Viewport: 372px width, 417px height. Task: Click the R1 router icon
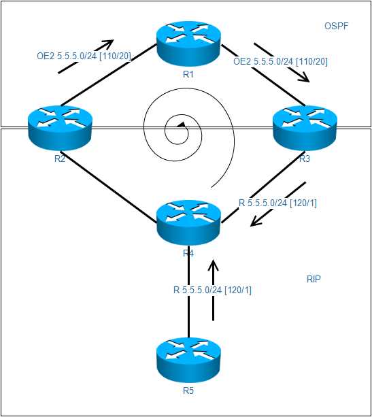pos(188,42)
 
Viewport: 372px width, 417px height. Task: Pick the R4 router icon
pos(188,222)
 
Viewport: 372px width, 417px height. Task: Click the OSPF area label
pos(335,27)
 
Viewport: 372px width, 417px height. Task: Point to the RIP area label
pos(314,279)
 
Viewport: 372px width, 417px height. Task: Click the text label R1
pos(188,74)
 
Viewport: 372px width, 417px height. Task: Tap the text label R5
pos(188,391)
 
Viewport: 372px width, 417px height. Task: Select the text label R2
pos(60,159)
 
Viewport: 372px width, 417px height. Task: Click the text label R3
pos(304,159)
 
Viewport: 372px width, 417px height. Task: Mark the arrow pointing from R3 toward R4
pos(278,204)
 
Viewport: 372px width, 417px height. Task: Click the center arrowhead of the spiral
pos(181,125)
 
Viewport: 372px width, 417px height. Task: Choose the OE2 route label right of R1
pos(280,61)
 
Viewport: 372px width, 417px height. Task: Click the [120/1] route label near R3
pos(279,203)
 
